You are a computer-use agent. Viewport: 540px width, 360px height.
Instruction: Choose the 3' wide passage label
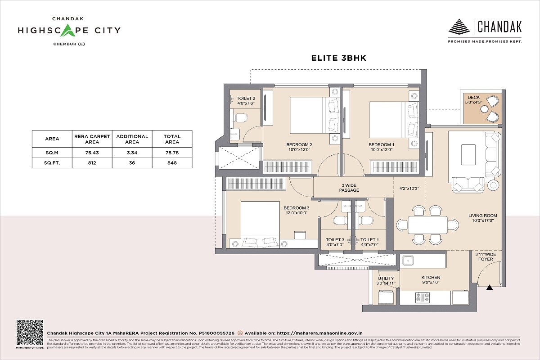(349, 188)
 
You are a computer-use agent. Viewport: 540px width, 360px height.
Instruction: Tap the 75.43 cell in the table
(92, 153)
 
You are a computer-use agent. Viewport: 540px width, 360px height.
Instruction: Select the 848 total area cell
(172, 163)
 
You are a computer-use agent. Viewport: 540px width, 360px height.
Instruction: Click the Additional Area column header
(132, 139)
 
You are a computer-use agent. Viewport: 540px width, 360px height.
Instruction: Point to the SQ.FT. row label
(52, 163)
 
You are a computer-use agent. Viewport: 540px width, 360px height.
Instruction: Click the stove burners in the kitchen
(422, 297)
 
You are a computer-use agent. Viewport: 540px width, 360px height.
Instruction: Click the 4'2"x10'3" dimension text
(409, 188)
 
